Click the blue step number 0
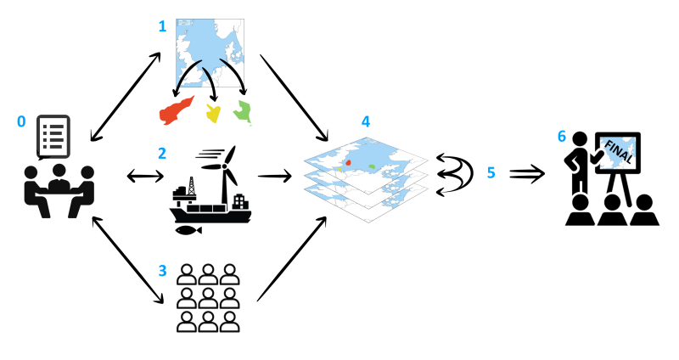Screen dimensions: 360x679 point(22,121)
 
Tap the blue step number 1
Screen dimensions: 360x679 point(162,26)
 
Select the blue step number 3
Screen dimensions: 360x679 point(162,271)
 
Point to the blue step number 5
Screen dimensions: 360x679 point(491,172)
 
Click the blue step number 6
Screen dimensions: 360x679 point(561,135)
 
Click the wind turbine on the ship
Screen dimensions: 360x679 point(224,171)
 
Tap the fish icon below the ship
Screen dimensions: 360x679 point(188,230)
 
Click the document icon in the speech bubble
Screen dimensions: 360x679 point(53,136)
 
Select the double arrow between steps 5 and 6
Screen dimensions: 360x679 point(525,173)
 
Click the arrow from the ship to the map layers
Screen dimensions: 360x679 point(272,176)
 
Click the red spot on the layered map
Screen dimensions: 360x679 point(348,160)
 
